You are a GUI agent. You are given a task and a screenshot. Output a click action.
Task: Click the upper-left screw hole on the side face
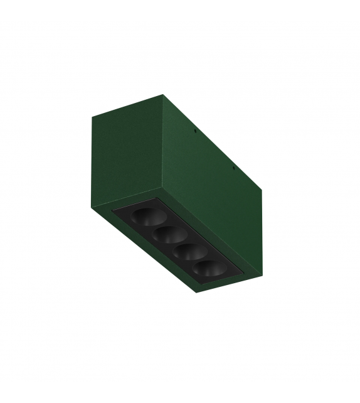[196, 132]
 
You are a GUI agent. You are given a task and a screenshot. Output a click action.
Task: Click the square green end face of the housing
[125, 158]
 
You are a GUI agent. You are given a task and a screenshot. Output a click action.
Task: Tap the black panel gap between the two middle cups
[176, 245]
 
